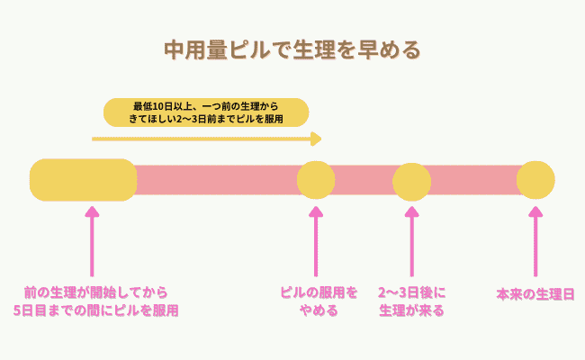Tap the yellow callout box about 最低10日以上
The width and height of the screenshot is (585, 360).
tap(205, 111)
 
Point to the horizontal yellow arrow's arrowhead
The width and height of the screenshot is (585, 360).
tap(316, 139)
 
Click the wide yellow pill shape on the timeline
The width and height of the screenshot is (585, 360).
tap(83, 180)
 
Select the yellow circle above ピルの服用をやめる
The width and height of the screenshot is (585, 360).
tap(316, 180)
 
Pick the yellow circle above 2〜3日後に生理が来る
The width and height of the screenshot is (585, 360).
tap(412, 181)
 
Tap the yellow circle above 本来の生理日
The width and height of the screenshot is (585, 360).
tap(535, 180)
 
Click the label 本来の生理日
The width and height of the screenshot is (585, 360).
tap(535, 294)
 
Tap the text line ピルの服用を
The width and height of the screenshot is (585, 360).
tap(319, 293)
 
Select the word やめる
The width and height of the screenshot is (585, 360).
tap(319, 311)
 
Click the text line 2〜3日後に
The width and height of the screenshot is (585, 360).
tap(412, 293)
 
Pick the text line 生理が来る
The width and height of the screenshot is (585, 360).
tap(412, 311)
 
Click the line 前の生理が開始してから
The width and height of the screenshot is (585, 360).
tap(96, 293)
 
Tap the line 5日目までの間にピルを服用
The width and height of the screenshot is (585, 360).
tap(96, 311)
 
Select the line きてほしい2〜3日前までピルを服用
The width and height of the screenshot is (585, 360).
tap(206, 118)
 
